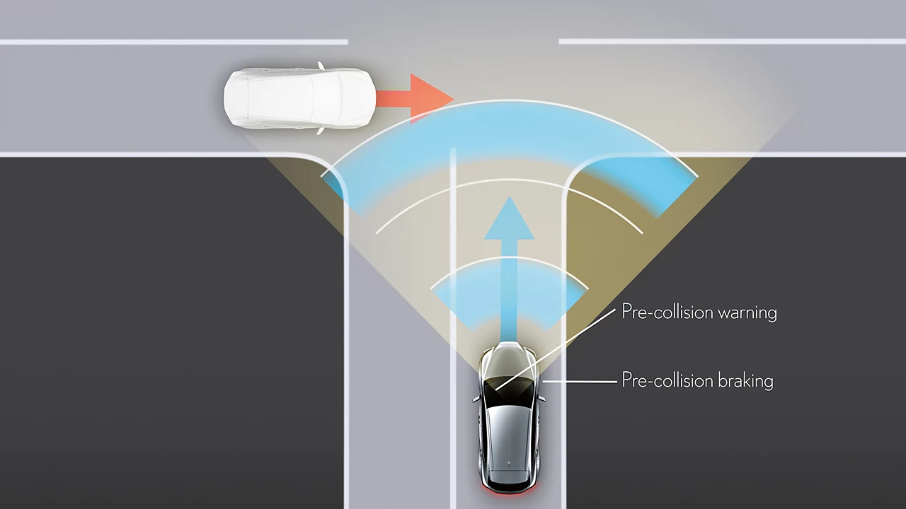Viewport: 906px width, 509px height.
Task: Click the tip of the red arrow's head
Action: coord(454,98)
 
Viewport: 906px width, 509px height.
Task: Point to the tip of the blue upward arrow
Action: coord(509,197)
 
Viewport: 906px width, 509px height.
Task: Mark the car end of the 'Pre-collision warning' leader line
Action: coord(496,390)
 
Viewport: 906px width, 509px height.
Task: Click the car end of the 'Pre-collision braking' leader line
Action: coord(542,381)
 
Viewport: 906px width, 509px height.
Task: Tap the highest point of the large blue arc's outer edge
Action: coord(509,100)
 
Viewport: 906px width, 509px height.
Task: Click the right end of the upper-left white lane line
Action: coord(347,42)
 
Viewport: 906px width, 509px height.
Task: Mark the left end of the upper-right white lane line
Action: coord(559,41)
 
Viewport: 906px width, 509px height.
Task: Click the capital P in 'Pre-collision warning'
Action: coord(626,312)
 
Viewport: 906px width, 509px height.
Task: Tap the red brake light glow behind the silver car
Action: coord(509,490)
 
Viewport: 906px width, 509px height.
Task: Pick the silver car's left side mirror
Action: coord(476,399)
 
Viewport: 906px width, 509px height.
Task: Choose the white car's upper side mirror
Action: coord(321,66)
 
